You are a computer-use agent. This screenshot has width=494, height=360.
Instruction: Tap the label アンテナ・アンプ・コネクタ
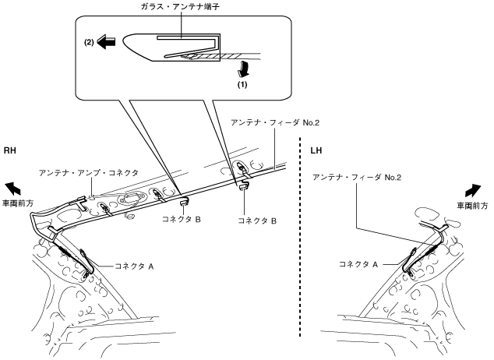89,173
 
